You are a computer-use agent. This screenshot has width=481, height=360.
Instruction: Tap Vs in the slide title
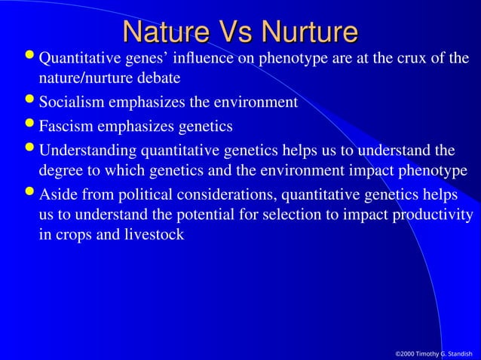coord(236,32)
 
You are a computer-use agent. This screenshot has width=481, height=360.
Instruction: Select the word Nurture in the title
coord(308,32)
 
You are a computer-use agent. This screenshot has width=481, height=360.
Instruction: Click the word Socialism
coord(71,102)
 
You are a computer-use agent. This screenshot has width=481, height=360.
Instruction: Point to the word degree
coord(60,171)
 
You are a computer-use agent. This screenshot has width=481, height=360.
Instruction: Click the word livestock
coord(155,235)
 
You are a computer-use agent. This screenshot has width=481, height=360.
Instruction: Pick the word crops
coord(72,235)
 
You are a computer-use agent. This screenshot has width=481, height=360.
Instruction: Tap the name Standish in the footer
coord(459,352)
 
